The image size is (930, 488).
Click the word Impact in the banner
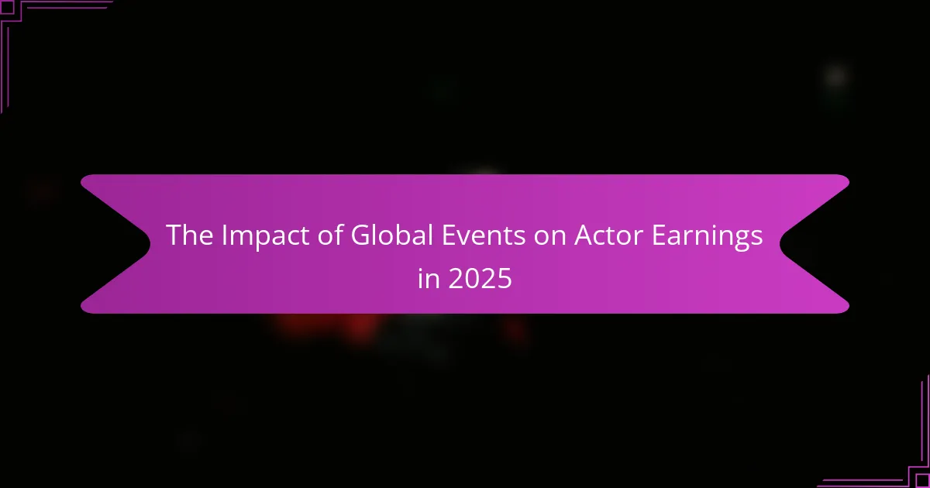click(249, 237)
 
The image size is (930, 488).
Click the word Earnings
click(708, 237)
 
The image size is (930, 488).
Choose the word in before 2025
click(427, 279)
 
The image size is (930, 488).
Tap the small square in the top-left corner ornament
click(6, 6)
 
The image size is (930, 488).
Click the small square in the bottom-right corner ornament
click(923, 481)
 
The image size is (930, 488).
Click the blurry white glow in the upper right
click(835, 76)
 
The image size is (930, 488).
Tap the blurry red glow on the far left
click(43, 190)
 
